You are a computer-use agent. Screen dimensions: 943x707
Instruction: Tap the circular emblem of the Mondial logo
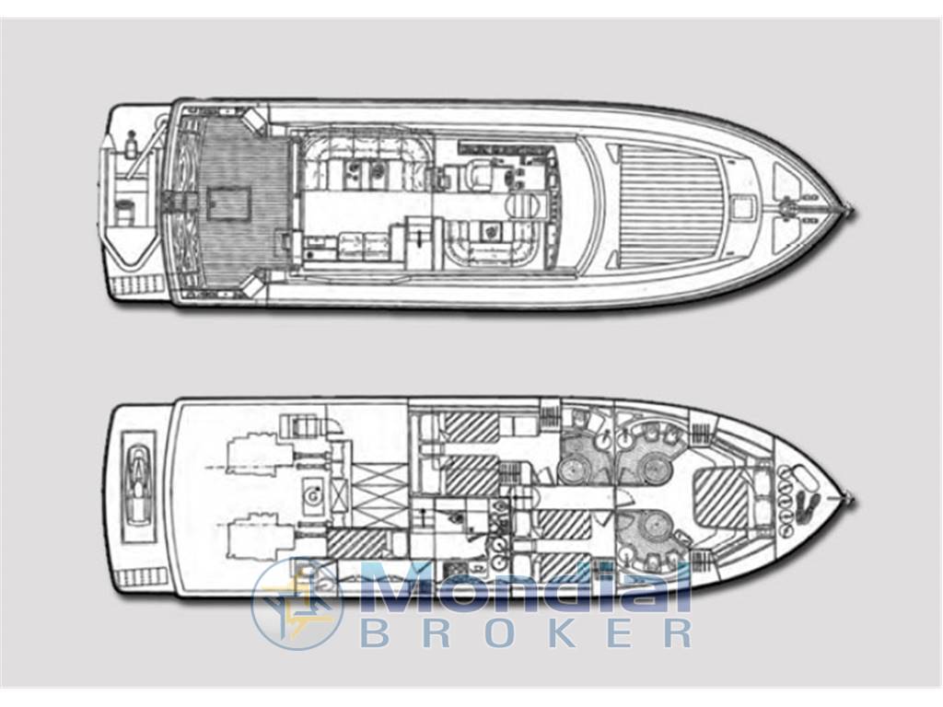[x=297, y=604]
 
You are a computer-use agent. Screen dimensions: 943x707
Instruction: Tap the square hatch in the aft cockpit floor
[x=227, y=203]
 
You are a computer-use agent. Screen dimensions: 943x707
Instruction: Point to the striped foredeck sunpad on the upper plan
[x=668, y=203]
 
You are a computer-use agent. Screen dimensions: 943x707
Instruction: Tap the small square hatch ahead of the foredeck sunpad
[x=744, y=207]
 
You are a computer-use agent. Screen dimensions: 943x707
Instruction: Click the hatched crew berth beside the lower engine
[x=355, y=543]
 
